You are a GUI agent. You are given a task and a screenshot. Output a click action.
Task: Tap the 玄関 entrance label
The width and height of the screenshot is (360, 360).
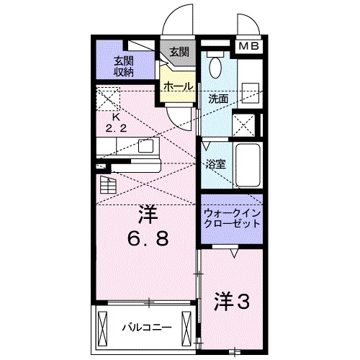[179, 52]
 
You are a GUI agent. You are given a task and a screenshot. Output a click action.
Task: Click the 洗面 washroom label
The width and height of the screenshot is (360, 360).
[219, 98]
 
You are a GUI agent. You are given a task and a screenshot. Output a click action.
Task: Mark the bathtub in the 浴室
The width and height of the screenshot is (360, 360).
[248, 165]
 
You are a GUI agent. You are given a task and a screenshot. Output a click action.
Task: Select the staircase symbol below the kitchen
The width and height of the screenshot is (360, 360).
[107, 185]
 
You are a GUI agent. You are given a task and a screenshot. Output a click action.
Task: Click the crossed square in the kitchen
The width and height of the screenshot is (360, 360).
[109, 97]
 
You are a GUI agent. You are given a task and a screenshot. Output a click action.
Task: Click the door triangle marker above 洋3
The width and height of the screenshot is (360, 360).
[235, 253]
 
